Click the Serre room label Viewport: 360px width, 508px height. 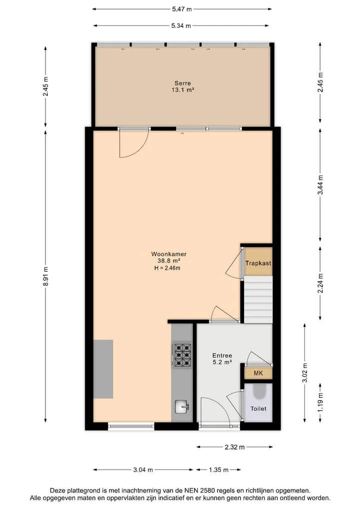click(x=182, y=83)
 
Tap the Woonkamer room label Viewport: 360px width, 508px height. click(x=168, y=254)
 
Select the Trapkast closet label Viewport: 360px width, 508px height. click(x=258, y=263)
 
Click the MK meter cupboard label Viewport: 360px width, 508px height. click(x=258, y=373)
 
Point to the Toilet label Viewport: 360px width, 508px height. click(x=258, y=409)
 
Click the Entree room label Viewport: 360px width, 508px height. click(x=222, y=356)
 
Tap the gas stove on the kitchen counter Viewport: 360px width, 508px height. click(x=183, y=355)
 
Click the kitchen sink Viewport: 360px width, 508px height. click(x=181, y=407)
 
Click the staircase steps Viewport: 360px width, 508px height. click(x=258, y=299)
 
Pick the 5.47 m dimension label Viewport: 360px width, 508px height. click(x=182, y=9)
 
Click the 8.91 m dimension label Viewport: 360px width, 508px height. click(x=45, y=276)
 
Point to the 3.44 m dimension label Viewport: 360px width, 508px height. click(x=320, y=185)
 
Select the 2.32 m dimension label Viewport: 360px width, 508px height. click(x=235, y=447)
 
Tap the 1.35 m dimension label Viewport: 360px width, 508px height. click(x=218, y=470)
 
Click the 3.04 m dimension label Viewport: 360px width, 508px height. click(x=143, y=470)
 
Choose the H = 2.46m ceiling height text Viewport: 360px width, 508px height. click(x=167, y=268)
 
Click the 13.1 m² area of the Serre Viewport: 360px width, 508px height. click(x=183, y=90)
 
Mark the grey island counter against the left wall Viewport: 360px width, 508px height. click(x=103, y=369)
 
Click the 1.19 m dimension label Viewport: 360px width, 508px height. click(x=320, y=402)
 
